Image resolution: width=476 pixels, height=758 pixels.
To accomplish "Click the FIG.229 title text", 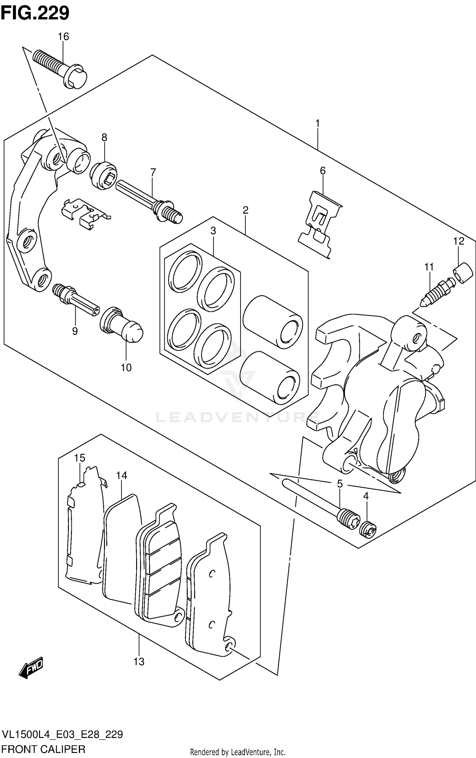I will (35, 13).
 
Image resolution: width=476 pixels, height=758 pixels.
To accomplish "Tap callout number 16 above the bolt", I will (63, 37).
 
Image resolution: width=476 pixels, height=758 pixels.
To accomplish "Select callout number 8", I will (104, 137).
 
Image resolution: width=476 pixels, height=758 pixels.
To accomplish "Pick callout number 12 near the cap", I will (459, 241).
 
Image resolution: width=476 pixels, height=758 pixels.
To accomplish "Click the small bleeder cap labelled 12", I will (463, 273).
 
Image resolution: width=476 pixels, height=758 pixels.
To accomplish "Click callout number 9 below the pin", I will (75, 331).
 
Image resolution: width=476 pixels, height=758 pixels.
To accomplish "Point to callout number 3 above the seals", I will (213, 231).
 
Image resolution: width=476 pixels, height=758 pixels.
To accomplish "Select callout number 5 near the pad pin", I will (340, 484).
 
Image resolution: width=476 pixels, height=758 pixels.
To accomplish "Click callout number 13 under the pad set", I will (139, 662).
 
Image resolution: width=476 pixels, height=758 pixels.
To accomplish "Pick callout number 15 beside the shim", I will (80, 458).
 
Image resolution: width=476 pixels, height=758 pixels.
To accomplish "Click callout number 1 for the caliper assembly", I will (317, 123).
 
